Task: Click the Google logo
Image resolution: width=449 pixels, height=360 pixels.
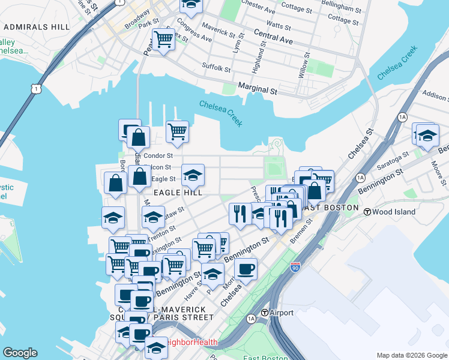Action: click(x=20, y=353)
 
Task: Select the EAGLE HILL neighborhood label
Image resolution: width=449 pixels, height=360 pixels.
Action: click(x=177, y=193)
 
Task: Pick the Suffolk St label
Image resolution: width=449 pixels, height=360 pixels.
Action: click(x=216, y=67)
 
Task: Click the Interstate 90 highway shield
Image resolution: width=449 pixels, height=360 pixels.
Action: click(x=295, y=266)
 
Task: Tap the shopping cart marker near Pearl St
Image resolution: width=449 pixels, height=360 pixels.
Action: click(x=163, y=40)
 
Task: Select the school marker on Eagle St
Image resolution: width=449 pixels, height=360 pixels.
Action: click(x=193, y=175)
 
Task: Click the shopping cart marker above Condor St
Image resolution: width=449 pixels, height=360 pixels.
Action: click(x=177, y=131)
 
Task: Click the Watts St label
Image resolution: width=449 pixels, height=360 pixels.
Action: click(x=278, y=25)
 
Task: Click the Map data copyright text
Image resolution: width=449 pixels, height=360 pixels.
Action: click(x=412, y=355)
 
